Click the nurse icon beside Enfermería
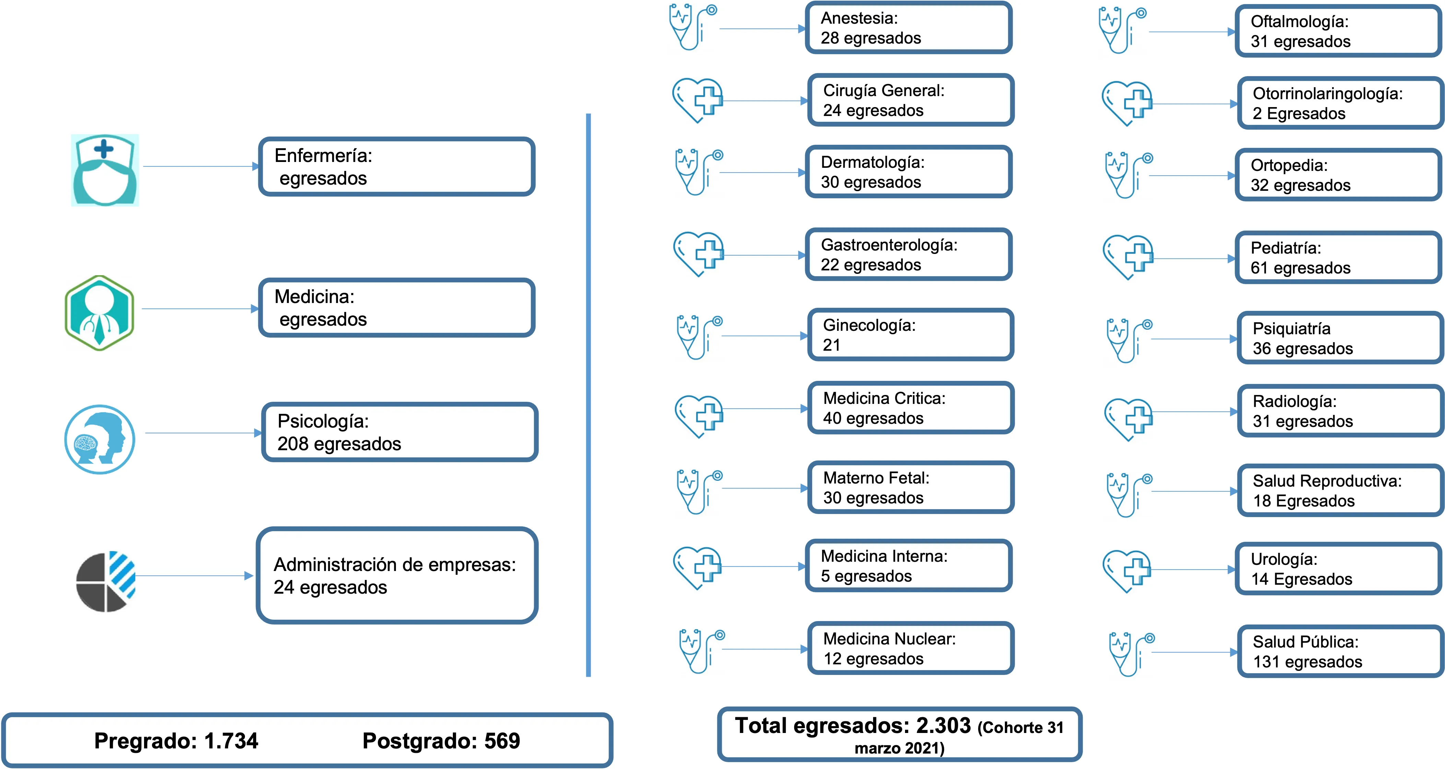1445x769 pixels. pyautogui.click(x=105, y=170)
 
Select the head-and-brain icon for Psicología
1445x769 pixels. pyautogui.click(x=100, y=439)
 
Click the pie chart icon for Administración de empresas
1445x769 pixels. pyautogui.click(x=105, y=582)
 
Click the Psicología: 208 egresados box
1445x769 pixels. pyautogui.click(x=399, y=432)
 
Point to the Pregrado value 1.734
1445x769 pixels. pyautogui.click(x=231, y=741)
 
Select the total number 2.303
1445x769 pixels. pyautogui.click(x=943, y=726)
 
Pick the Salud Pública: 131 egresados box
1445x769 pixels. pyautogui.click(x=1340, y=652)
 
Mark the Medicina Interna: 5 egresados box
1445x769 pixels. pyautogui.click(x=908, y=566)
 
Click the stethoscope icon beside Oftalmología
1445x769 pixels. pyautogui.click(x=1122, y=30)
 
